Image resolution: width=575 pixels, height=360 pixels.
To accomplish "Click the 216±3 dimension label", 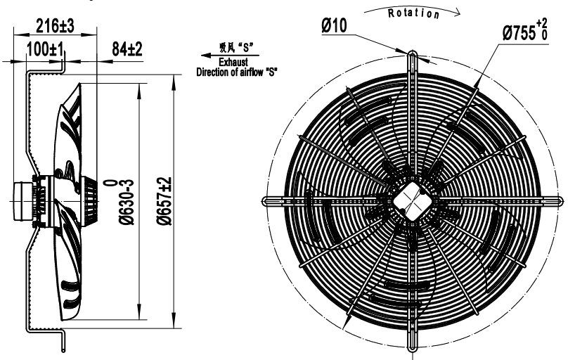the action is click(x=55, y=26).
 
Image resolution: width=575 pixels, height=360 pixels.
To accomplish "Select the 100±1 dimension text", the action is click(x=45, y=49).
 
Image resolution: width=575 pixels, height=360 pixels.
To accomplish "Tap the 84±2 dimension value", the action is click(x=127, y=49).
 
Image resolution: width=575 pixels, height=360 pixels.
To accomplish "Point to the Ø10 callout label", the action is click(x=334, y=26).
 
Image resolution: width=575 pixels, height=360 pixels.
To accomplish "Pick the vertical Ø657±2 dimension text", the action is click(x=164, y=201).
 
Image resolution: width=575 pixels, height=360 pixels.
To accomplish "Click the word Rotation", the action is click(x=413, y=13).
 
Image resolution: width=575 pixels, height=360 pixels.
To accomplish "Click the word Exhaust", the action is click(x=233, y=62).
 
